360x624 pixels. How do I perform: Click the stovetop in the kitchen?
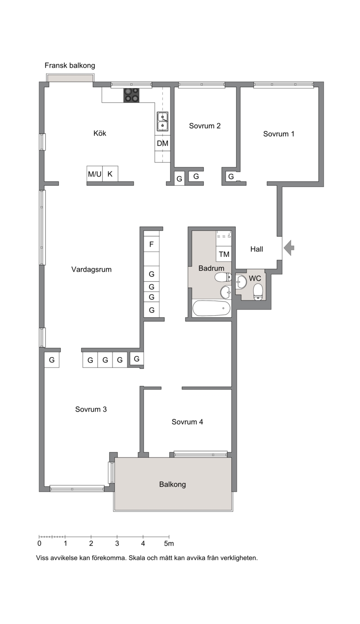pos(131,95)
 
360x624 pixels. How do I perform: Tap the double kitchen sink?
pos(162,121)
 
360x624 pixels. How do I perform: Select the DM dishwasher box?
pos(162,143)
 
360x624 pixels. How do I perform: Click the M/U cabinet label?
pos(95,174)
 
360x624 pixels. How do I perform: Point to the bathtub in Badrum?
pos(211,308)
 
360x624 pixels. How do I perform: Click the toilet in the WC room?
pos(258,292)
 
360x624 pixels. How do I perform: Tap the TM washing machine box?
pos(224,254)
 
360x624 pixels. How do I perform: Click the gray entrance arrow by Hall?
pos(288,247)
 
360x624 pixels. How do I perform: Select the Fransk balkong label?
pos(70,66)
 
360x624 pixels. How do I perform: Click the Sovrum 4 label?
pos(187,422)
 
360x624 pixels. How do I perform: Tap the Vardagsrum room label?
pos(91,269)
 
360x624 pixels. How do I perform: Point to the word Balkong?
pos(172,485)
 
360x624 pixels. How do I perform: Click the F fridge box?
pos(152,244)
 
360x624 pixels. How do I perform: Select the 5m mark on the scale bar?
pos(169,543)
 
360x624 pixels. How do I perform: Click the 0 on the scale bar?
pos(39,543)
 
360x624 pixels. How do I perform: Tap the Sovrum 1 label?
pos(279,134)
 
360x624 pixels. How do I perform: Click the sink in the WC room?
pos(241,282)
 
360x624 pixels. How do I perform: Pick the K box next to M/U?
pos(110,174)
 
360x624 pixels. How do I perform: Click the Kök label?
pos(100,133)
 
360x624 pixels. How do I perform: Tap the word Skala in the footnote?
pos(136,558)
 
